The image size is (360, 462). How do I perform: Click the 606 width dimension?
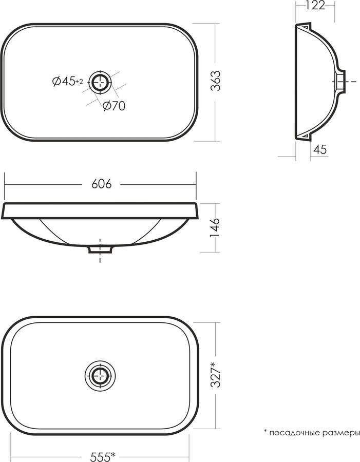pyautogui.click(x=101, y=184)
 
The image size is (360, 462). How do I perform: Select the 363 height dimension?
pyautogui.click(x=216, y=81)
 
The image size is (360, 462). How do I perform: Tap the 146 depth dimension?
pyautogui.click(x=215, y=228)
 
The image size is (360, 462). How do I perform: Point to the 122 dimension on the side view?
pyautogui.click(x=315, y=5)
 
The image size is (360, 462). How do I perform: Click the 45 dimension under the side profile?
pyautogui.click(x=320, y=149)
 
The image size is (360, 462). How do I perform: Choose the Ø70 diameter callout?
pyautogui.click(x=114, y=106)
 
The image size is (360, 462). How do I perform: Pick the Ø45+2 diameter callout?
pyautogui.click(x=67, y=81)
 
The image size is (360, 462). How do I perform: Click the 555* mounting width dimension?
pyautogui.click(x=103, y=457)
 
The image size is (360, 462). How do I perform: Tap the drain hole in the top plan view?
pyautogui.click(x=101, y=82)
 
